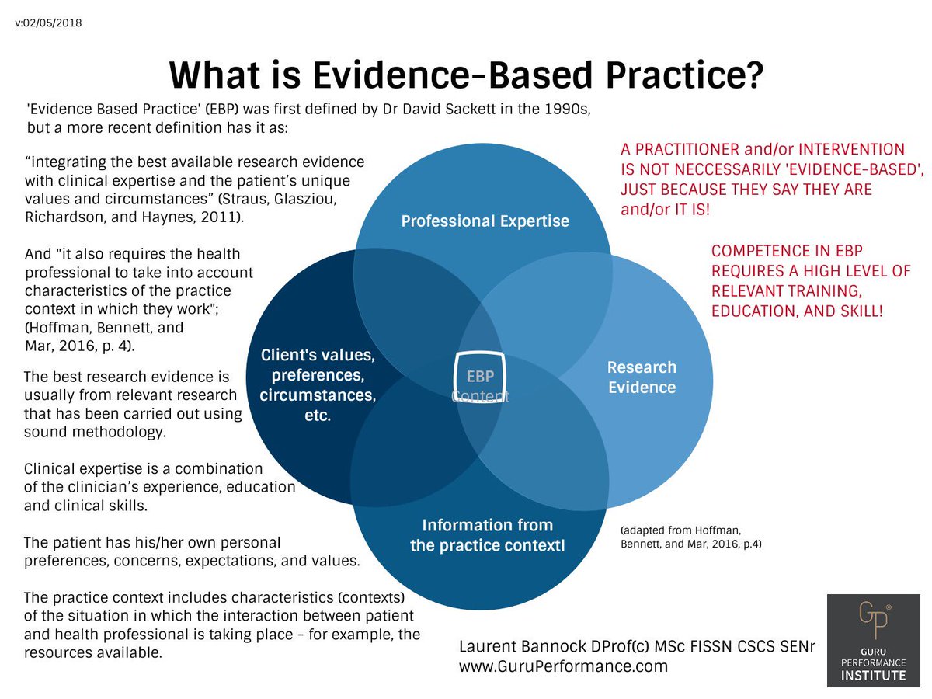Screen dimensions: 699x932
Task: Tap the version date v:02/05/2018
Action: point(48,23)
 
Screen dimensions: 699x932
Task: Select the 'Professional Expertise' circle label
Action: point(485,221)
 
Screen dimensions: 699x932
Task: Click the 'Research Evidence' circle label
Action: point(642,377)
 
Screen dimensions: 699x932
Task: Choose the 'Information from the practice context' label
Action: point(487,535)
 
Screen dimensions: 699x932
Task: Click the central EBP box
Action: point(480,377)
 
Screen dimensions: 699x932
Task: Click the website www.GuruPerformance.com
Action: point(563,667)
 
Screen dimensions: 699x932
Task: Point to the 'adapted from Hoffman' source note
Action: point(690,537)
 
